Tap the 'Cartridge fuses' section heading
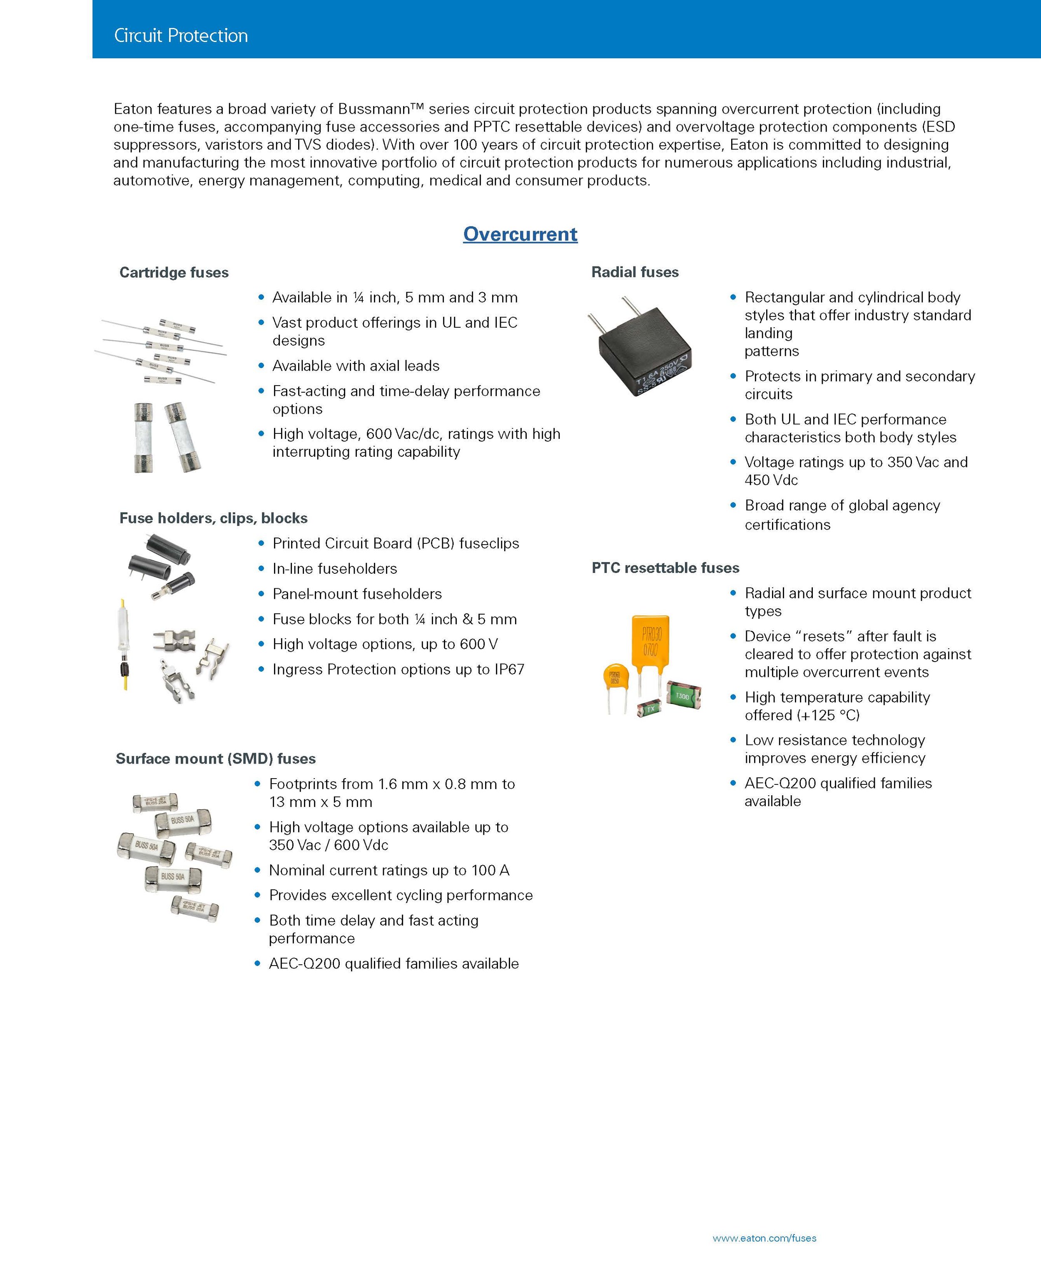[174, 272]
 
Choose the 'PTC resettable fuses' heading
[665, 568]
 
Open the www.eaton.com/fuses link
[764, 1238]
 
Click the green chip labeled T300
[683, 695]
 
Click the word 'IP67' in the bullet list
[509, 669]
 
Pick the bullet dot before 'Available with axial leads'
[261, 365]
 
